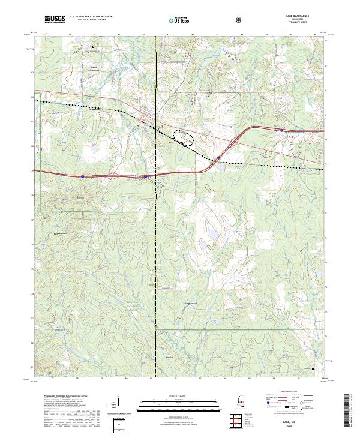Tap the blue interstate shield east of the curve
281,129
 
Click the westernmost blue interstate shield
82,176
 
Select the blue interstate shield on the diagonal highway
218,159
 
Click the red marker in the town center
143,122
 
